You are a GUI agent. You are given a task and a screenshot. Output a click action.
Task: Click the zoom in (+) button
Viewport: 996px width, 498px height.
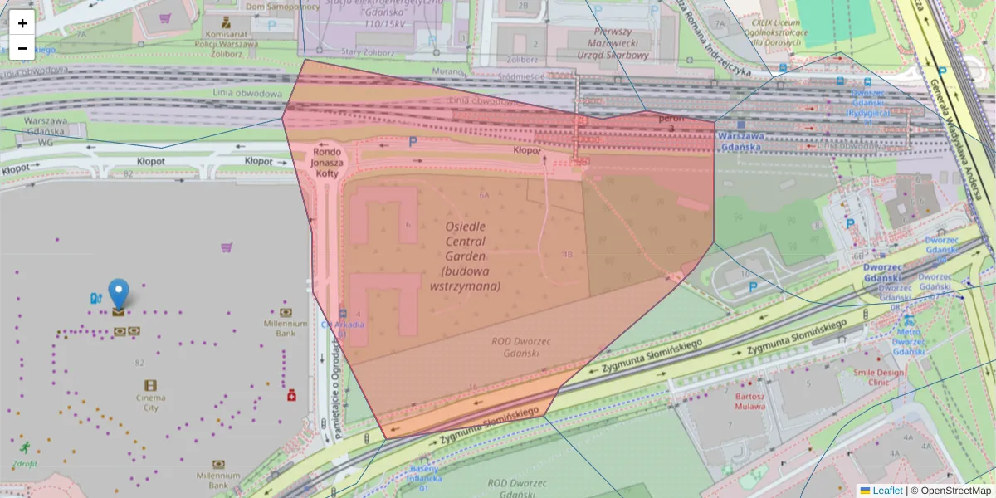22,23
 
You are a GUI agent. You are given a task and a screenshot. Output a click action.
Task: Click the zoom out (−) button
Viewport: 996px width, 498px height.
22,48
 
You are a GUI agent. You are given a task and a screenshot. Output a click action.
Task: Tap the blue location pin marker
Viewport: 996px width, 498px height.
119,295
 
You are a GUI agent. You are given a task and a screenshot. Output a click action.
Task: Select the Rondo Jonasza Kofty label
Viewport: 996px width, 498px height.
327,163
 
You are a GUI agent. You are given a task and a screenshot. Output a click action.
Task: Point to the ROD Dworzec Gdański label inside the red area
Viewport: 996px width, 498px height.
515,346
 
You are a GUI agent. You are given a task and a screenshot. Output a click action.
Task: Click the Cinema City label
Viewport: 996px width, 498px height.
150,403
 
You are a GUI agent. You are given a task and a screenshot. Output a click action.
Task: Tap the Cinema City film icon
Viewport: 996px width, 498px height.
150,385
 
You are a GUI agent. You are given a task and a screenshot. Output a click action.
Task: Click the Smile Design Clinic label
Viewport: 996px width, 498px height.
879,378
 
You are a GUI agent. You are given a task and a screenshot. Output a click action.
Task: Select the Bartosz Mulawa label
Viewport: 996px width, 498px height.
749,402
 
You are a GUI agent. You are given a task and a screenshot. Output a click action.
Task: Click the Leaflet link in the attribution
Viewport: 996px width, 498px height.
886,491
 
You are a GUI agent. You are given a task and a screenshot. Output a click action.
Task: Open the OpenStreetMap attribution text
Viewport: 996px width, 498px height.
955,491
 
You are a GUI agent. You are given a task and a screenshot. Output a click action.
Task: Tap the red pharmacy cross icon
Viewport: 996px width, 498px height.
292,396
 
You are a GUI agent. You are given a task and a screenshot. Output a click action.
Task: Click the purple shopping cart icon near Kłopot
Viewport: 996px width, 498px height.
226,247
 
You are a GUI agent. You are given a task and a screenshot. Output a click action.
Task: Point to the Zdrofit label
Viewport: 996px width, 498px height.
24,463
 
